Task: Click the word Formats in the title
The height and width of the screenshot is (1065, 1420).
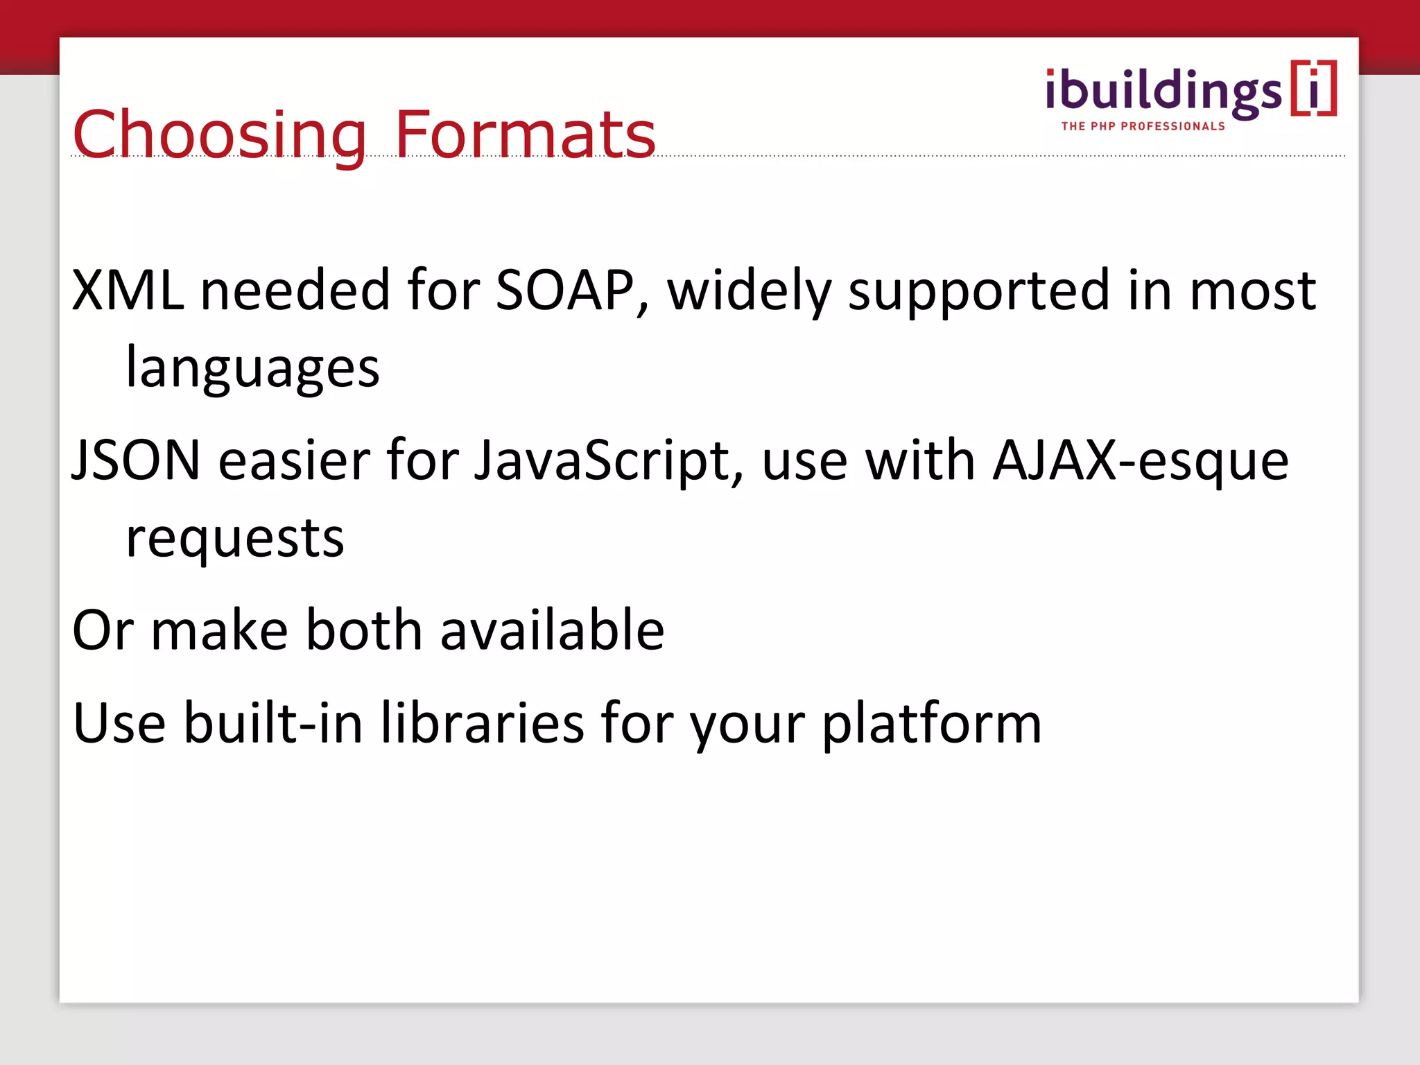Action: click(525, 135)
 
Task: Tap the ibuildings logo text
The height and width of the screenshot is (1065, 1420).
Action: click(1163, 92)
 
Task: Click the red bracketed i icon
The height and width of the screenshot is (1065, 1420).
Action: click(1314, 89)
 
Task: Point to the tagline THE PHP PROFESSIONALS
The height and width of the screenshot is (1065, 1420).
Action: click(1143, 126)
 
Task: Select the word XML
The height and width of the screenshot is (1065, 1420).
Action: click(128, 290)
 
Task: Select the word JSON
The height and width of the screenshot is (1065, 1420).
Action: click(137, 460)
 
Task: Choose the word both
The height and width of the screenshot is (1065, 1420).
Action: click(364, 630)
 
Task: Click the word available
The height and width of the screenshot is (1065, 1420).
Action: click(552, 630)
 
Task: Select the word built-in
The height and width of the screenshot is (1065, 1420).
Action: click(273, 723)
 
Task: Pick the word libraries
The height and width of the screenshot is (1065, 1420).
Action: click(483, 723)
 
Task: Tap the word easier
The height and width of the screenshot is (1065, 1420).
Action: click(295, 460)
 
